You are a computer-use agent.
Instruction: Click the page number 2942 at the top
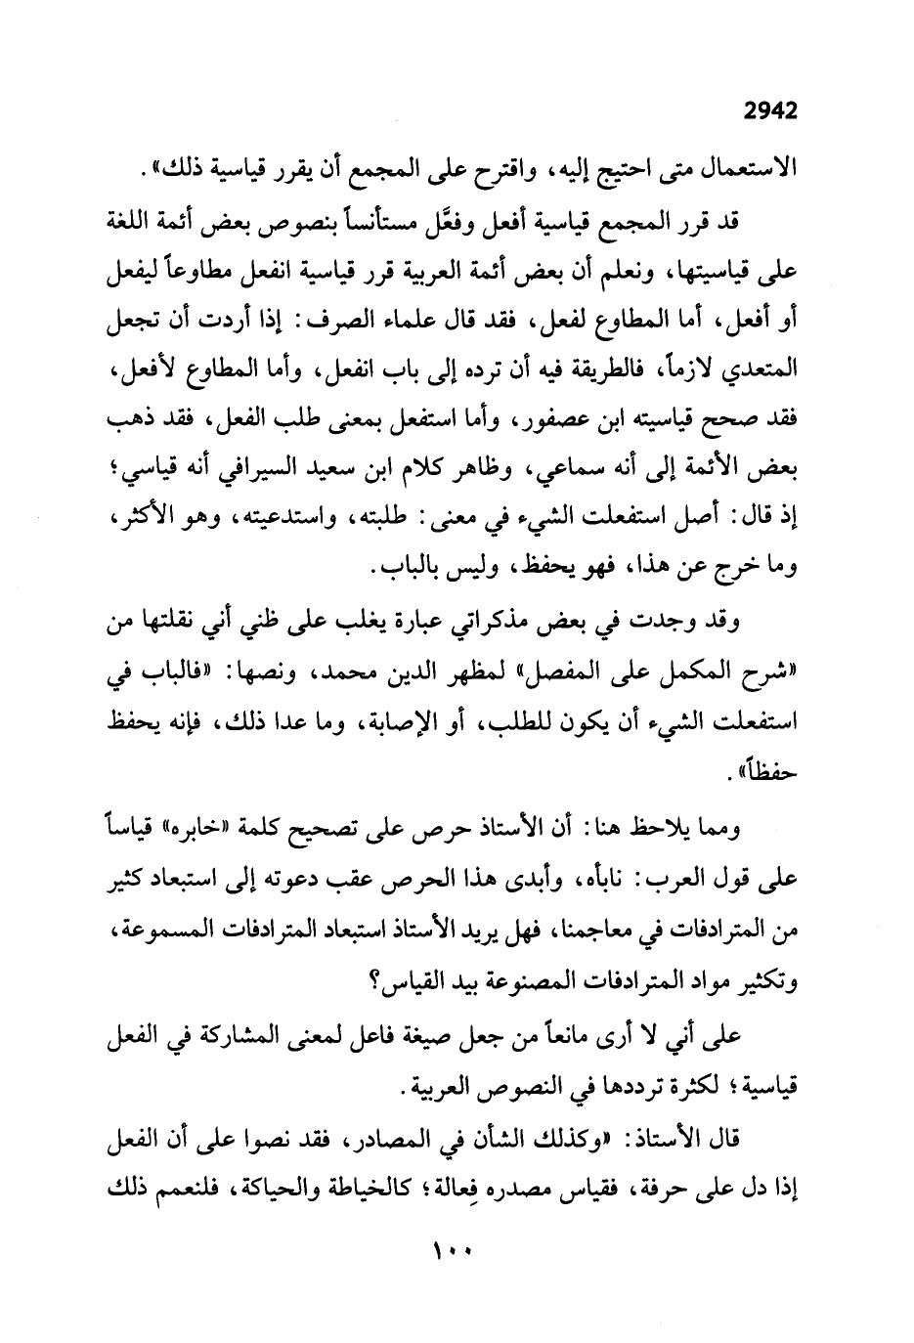pos(770,111)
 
